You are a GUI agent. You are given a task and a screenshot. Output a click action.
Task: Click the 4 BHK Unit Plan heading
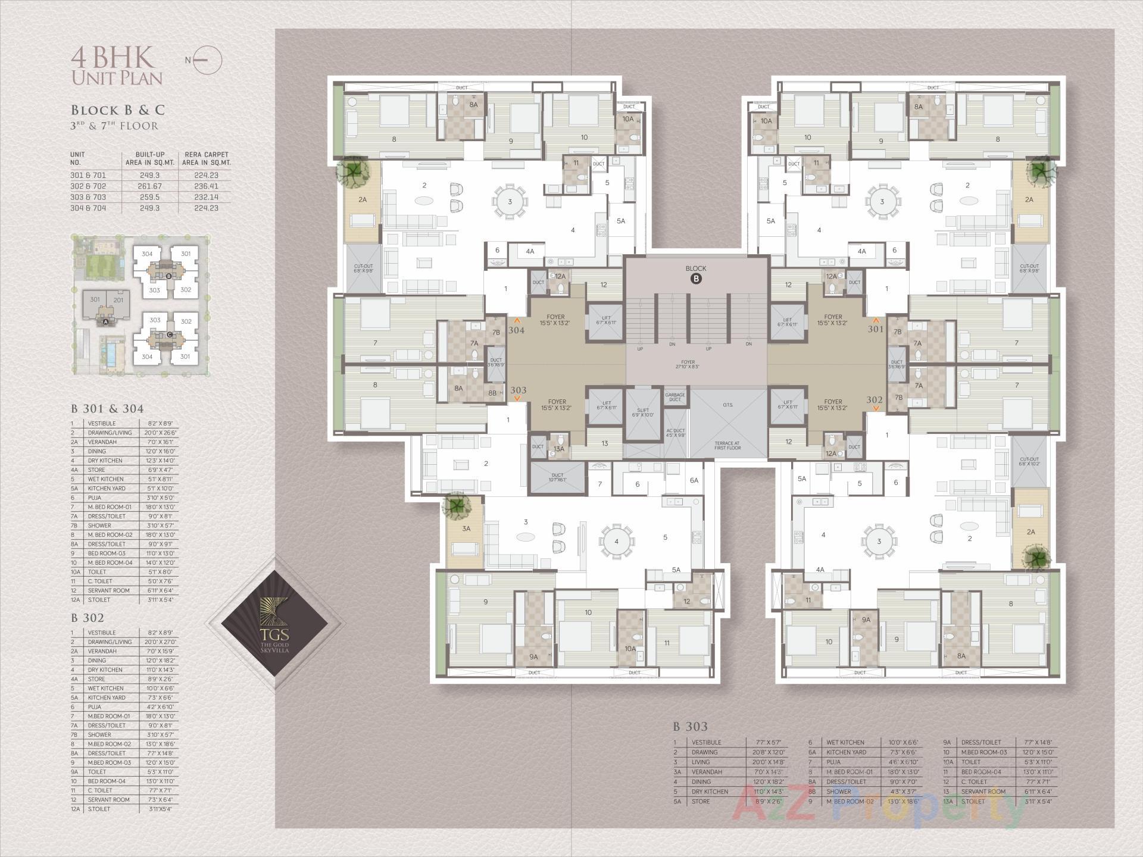(x=117, y=66)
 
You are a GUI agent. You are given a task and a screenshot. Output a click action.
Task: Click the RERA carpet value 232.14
(x=206, y=197)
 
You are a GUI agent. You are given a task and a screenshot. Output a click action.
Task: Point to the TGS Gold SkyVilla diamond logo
(x=274, y=623)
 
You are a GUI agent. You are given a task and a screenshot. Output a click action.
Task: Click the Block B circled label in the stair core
(x=695, y=279)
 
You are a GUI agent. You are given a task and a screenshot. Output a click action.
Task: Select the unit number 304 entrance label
(x=516, y=330)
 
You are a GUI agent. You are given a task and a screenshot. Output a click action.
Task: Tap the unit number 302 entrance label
(x=875, y=400)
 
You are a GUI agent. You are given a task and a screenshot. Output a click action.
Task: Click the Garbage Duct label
(x=674, y=397)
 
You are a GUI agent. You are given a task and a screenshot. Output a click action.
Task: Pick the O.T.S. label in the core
(x=727, y=405)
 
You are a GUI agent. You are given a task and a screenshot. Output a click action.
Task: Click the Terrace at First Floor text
(x=727, y=445)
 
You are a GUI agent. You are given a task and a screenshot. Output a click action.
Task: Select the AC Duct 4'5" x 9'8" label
(x=674, y=433)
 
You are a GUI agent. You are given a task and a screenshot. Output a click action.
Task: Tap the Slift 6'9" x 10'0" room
(x=643, y=412)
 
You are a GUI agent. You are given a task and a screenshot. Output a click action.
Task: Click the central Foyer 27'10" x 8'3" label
(x=688, y=364)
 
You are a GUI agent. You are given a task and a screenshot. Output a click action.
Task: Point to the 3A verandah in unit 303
(x=466, y=528)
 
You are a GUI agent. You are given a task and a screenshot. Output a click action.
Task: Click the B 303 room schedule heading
(x=690, y=727)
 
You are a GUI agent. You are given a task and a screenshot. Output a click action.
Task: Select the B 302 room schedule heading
(x=88, y=618)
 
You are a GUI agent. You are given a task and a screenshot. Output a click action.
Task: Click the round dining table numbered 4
(x=617, y=542)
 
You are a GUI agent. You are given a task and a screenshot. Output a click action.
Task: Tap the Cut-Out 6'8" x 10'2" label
(x=1029, y=461)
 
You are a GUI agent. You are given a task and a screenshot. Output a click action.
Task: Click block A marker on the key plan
(x=106, y=322)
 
